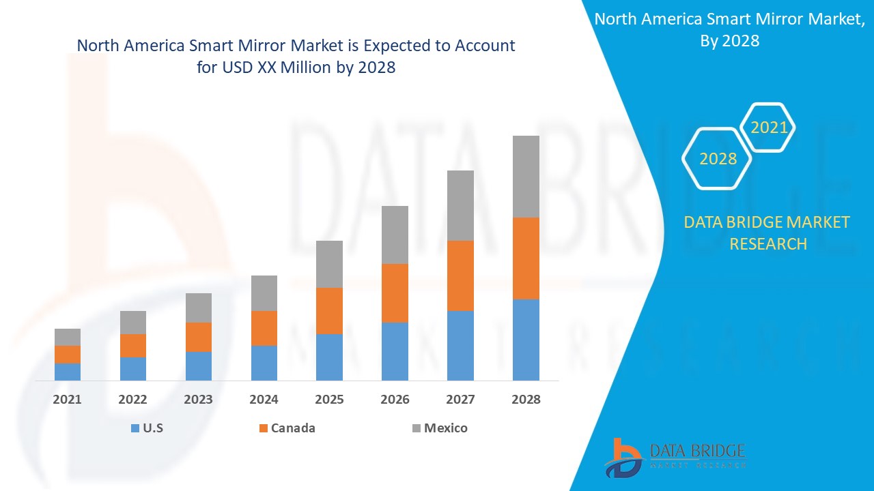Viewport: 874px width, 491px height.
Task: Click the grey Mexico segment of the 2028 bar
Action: coord(526,176)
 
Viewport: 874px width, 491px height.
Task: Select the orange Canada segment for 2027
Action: coord(460,276)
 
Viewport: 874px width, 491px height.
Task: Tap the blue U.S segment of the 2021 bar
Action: coord(68,372)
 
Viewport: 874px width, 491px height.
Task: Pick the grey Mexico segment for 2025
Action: coord(329,264)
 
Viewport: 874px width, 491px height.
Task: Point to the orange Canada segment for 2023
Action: coord(199,337)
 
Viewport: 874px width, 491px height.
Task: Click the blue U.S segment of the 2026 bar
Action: coord(395,351)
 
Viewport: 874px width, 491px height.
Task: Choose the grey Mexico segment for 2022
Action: coord(133,323)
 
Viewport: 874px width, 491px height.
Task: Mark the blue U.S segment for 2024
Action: coord(264,363)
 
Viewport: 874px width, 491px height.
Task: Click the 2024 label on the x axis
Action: coord(264,400)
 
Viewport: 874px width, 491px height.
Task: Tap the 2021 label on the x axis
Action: coord(68,400)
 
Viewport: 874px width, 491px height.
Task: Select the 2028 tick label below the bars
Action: coord(526,400)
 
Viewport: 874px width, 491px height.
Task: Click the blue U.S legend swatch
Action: coord(135,428)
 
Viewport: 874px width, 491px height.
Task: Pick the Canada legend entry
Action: coord(293,428)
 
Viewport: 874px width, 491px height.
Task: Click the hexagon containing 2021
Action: coord(769,127)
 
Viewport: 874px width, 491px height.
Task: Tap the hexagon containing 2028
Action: coord(718,158)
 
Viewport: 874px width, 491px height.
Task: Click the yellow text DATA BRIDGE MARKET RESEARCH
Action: coord(767,233)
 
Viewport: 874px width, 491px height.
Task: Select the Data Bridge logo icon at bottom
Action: coord(623,457)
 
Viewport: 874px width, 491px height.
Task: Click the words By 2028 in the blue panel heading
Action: coord(729,40)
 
